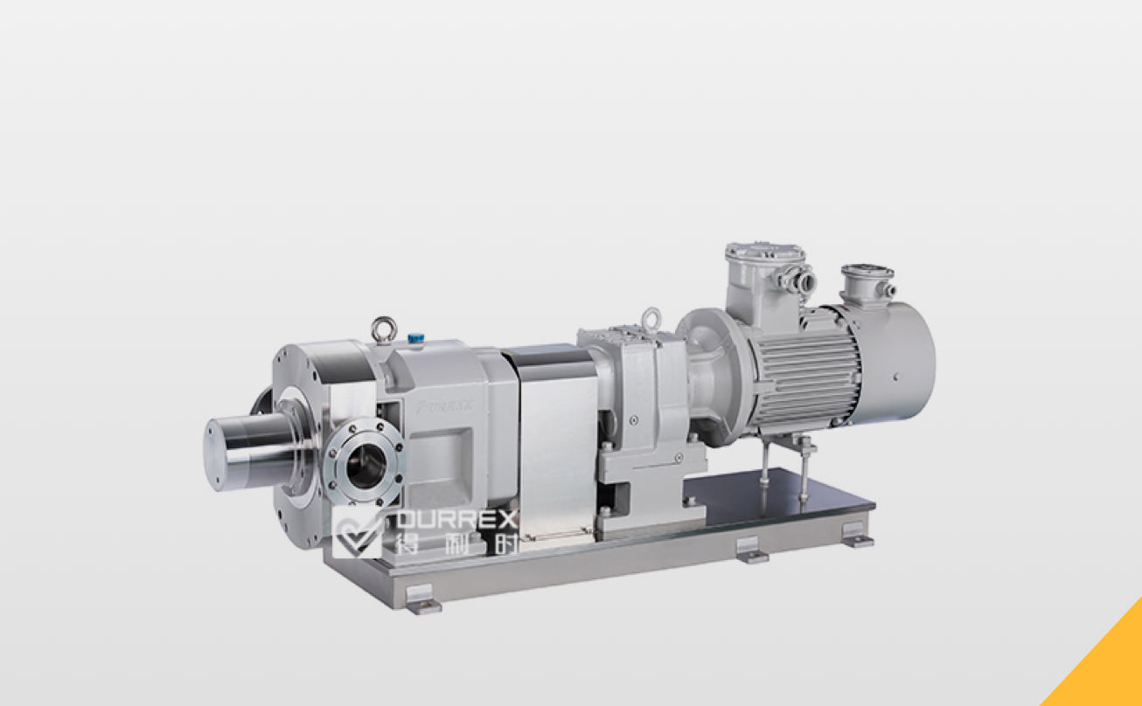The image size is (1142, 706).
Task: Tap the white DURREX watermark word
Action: tap(456, 520)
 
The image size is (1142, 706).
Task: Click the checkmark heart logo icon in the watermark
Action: tap(357, 531)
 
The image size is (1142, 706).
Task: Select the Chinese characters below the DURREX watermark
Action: tap(456, 543)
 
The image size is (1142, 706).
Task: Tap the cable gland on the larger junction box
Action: tap(803, 280)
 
